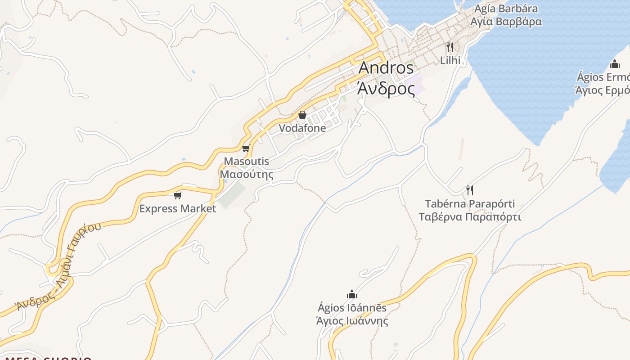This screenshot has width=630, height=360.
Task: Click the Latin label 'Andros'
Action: (x=386, y=68)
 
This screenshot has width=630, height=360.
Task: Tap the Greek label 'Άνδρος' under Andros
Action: (x=386, y=89)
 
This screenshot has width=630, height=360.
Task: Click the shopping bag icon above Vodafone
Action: (x=302, y=115)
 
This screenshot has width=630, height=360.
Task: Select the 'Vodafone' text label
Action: (x=302, y=128)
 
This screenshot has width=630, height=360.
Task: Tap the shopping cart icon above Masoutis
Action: (x=246, y=148)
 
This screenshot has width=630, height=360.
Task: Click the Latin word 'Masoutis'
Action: (x=246, y=161)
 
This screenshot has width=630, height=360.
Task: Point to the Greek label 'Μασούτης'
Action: (x=246, y=174)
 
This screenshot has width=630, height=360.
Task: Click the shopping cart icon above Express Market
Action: (x=177, y=195)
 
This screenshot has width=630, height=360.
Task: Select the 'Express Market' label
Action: (x=177, y=208)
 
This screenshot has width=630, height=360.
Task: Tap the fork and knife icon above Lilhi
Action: (x=450, y=47)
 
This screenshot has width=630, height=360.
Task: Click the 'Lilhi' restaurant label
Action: (x=450, y=60)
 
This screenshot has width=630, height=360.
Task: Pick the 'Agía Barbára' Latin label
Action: (x=506, y=9)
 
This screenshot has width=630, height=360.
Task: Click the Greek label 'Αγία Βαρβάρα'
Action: (x=506, y=22)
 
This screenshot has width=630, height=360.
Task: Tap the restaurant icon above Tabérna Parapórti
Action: (x=470, y=190)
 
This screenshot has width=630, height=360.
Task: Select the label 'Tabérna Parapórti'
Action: (x=470, y=204)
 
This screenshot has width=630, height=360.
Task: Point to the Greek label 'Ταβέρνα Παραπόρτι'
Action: (x=470, y=217)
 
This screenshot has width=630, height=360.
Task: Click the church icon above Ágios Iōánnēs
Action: (x=352, y=295)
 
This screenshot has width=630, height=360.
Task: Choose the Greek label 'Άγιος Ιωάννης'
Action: (x=352, y=321)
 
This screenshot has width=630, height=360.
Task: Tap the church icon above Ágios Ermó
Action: (x=615, y=64)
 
